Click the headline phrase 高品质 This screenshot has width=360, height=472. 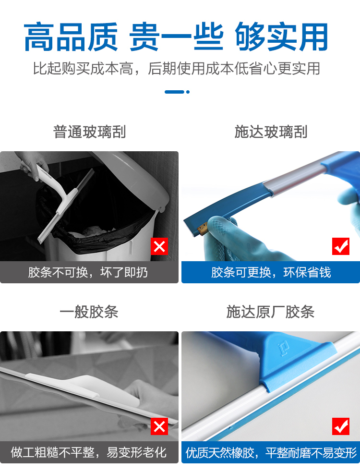[x=71, y=36]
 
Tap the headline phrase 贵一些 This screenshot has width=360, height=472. [x=176, y=36]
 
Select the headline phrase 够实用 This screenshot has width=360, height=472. [x=281, y=36]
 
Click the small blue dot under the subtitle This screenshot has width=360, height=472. [x=188, y=92]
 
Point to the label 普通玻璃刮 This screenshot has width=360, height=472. [x=89, y=132]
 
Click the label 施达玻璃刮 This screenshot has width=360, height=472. [x=271, y=132]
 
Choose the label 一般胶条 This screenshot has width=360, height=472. [x=89, y=312]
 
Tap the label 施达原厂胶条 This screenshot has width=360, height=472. [x=270, y=312]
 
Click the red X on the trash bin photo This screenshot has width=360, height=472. [x=159, y=246]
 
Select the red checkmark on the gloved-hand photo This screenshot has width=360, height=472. [x=341, y=246]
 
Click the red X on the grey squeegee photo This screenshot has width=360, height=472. [x=159, y=426]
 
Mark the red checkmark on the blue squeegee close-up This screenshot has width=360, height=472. [x=341, y=426]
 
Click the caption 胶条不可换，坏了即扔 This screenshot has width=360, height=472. [x=88, y=272]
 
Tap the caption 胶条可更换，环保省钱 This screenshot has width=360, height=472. [x=271, y=272]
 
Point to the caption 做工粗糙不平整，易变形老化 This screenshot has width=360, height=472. [x=88, y=452]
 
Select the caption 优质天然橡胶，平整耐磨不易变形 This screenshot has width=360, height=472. [x=271, y=452]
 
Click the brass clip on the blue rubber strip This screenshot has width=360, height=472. [x=202, y=229]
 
